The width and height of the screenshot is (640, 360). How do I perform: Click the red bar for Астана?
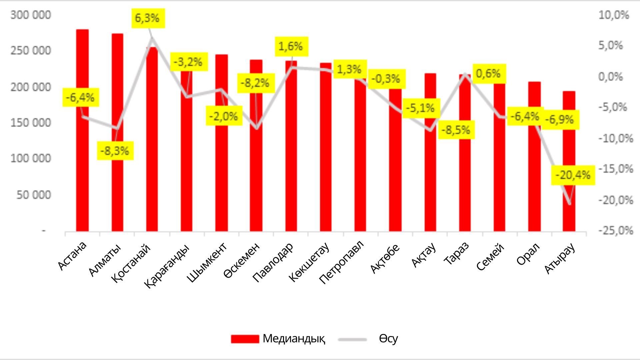[x=82, y=167]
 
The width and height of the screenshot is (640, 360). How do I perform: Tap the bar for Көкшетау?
[x=326, y=150]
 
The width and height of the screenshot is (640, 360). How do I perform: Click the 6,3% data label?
[x=147, y=18]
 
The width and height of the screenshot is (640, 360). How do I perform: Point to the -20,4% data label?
[x=573, y=175]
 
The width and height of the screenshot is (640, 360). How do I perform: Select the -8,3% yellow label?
[x=115, y=151]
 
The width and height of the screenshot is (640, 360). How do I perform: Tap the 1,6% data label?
[x=291, y=46]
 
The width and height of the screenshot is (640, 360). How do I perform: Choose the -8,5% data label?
[x=456, y=130]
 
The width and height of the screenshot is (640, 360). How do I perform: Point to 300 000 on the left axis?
[x=31, y=15]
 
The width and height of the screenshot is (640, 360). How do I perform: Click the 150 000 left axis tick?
[x=31, y=123]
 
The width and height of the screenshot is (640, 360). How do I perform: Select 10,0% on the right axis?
[x=614, y=15]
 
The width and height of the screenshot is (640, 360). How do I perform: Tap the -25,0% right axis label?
[x=615, y=231]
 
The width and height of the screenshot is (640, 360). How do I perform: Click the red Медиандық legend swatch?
[x=245, y=339]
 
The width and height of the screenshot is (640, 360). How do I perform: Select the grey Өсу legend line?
[x=352, y=339]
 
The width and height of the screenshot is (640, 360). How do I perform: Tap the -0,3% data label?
[x=386, y=79]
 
